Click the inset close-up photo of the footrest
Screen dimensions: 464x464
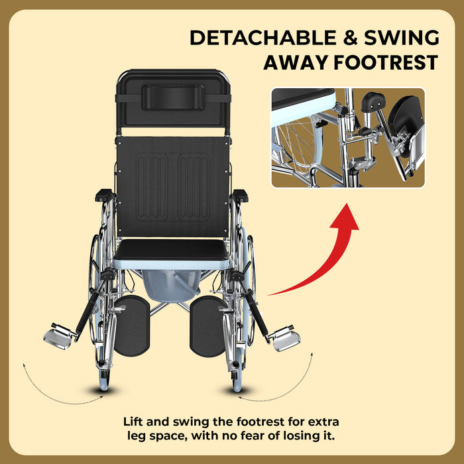347,138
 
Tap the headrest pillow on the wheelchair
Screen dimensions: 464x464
173,96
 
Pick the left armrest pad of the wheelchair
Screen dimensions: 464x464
105,195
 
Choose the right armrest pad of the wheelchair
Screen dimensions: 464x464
239,195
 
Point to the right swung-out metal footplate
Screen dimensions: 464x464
286,339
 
